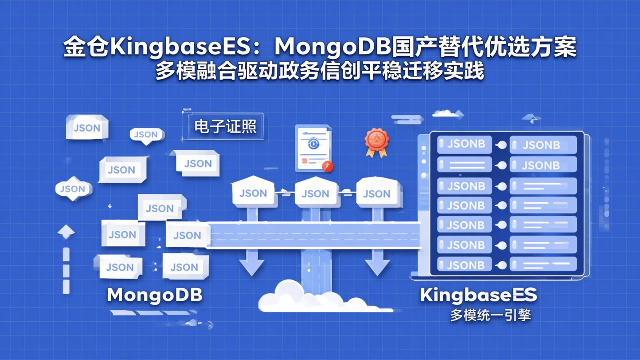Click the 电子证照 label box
point(225,127)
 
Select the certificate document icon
point(313,148)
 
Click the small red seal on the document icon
point(328,166)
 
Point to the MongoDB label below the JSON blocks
point(155,295)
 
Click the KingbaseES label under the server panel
point(479,295)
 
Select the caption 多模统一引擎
point(490,315)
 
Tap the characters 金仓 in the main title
point(86,47)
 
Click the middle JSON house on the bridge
point(315,193)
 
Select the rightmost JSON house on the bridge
point(377,193)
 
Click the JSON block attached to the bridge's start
point(188,235)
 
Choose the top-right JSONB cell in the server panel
point(542,145)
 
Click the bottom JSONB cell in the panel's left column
point(465,265)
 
